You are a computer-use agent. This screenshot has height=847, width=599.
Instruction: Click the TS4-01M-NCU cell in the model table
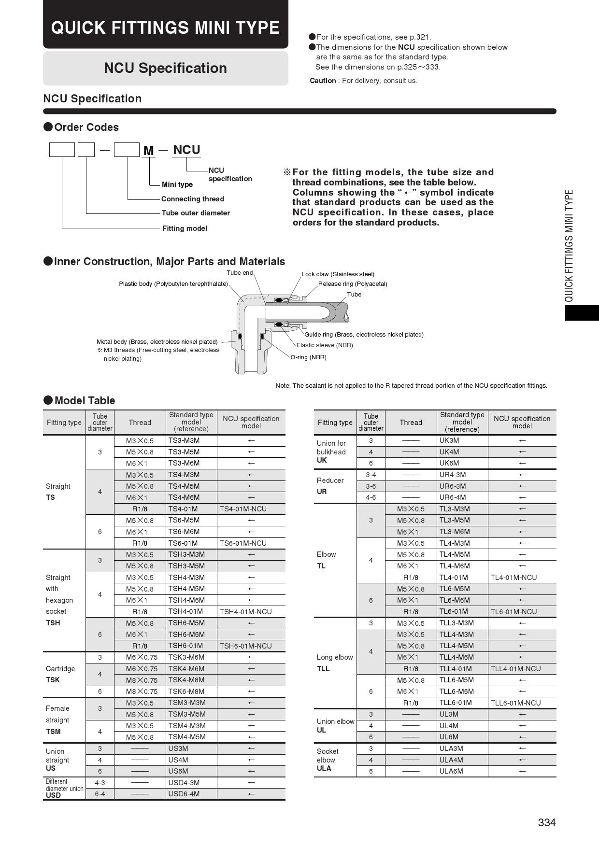(x=243, y=509)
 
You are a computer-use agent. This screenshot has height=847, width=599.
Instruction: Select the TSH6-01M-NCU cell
(x=245, y=646)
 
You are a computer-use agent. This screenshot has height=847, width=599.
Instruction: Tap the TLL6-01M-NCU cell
(x=515, y=703)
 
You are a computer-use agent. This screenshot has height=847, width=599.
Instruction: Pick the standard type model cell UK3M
(x=449, y=440)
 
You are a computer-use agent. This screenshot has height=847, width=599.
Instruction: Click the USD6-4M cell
(x=184, y=794)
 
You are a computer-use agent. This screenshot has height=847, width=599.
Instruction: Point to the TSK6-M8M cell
(x=186, y=692)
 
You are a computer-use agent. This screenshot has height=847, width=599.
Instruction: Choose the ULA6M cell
(x=451, y=771)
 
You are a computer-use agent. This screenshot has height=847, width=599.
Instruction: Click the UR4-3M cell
(x=453, y=475)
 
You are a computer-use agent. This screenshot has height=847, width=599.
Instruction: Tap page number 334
(x=547, y=822)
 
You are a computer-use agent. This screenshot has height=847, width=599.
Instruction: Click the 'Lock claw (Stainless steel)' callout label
(x=338, y=274)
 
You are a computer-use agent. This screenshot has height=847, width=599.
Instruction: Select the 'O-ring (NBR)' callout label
(x=308, y=357)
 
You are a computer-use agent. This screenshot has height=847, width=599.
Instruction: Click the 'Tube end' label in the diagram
(x=240, y=273)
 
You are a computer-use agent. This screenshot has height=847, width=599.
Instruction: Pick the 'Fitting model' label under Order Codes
(x=185, y=228)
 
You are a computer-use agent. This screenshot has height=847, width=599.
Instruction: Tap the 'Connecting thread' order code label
(x=192, y=199)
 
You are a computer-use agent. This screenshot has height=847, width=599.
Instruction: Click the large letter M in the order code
(x=148, y=151)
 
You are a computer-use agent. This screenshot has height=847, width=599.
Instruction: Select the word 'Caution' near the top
(x=323, y=81)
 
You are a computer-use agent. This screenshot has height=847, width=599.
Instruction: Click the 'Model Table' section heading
(x=85, y=400)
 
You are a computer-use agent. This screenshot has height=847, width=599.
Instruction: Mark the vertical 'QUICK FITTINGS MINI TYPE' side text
(x=569, y=246)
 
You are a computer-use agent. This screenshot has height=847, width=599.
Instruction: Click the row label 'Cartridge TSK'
(x=60, y=674)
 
